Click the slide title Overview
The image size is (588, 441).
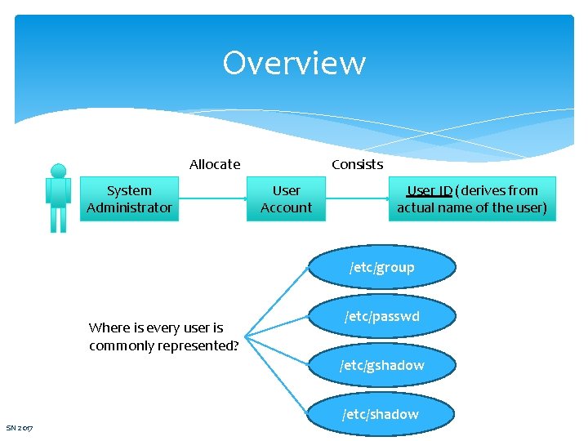point(294,63)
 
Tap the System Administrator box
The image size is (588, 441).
point(129,199)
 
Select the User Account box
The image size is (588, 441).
point(286,199)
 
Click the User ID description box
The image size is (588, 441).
point(472,199)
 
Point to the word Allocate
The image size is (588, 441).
point(215,164)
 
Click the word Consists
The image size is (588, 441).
point(357,164)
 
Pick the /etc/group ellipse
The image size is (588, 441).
point(381,267)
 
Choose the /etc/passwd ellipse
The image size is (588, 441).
point(381,316)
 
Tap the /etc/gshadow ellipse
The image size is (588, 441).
point(381,365)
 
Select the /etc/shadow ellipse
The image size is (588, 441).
point(381,414)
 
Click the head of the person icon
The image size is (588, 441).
point(58,171)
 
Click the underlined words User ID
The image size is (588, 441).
point(430,191)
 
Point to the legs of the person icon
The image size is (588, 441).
point(58,220)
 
